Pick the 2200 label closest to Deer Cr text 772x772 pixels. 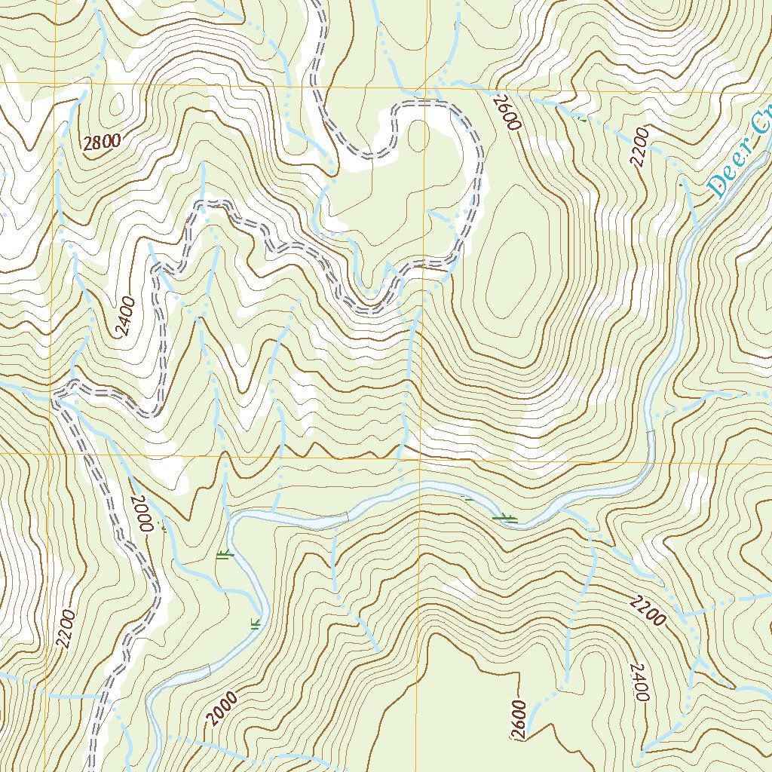tap(641, 147)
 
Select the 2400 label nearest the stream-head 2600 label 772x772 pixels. tap(640, 683)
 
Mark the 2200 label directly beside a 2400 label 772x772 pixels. tap(648, 609)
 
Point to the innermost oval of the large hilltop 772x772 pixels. tap(510, 271)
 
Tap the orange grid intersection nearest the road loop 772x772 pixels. tap(427, 85)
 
